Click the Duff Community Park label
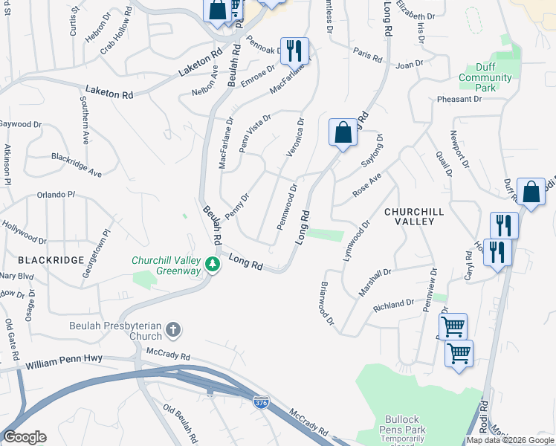[485, 77]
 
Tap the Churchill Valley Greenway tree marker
[213, 265]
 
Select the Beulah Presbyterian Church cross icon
[173, 329]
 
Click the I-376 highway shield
[261, 402]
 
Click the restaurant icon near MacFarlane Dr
[294, 51]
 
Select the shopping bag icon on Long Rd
[343, 133]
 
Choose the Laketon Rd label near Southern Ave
[109, 92]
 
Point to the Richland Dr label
[393, 305]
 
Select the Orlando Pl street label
[56, 195]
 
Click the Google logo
[25, 438]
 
